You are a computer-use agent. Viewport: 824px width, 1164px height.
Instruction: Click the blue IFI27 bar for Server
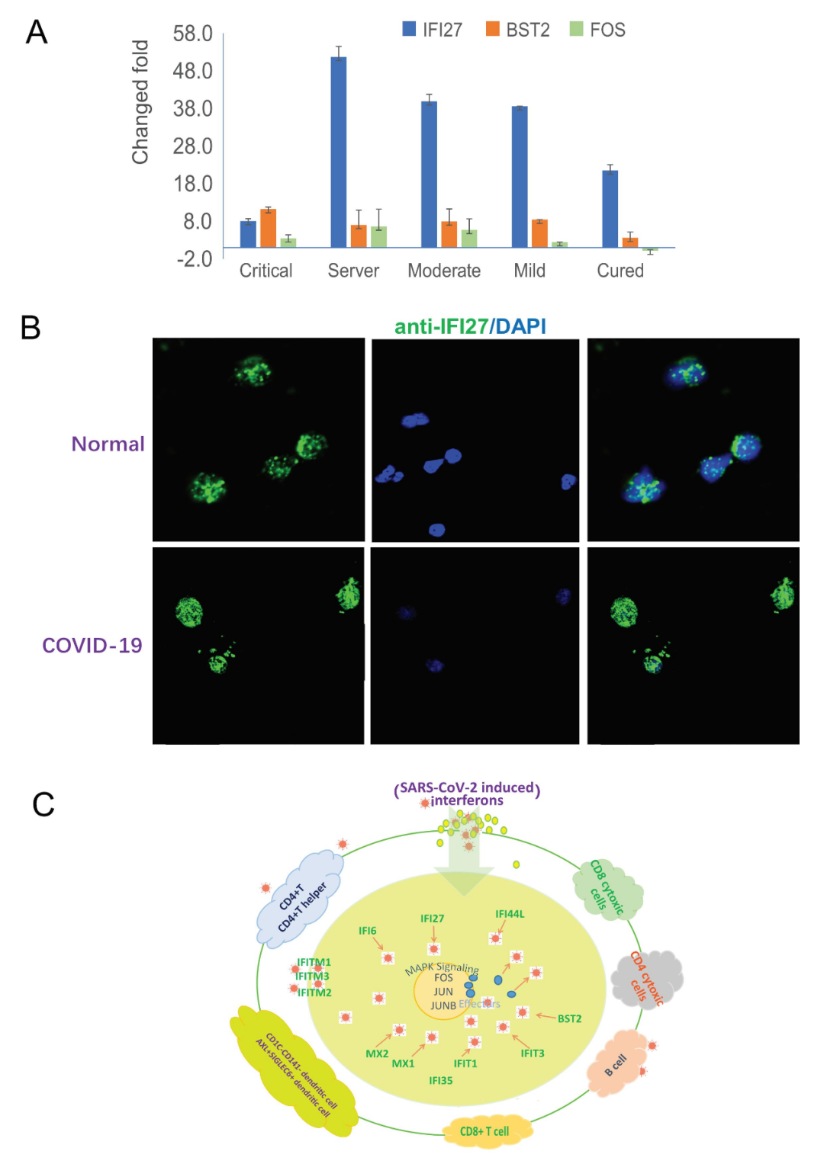pos(338,152)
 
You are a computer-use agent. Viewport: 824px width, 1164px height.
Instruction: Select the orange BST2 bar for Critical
pos(268,228)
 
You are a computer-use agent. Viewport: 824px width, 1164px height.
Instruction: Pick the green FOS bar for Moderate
pos(469,238)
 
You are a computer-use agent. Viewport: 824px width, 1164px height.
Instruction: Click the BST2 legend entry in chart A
pos(518,30)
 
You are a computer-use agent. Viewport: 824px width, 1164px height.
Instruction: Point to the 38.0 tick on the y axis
pos(192,108)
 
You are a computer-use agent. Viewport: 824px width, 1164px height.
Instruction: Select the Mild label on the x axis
pos(529,271)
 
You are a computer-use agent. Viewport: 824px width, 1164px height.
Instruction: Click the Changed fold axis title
pos(140,101)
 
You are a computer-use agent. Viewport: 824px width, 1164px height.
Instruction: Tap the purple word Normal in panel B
pos(108,444)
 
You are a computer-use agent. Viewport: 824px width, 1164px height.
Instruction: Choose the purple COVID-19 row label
pos(92,646)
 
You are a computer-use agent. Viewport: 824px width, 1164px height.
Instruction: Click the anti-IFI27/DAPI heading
pos(470,326)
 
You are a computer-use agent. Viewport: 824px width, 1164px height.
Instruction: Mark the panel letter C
pos(43,804)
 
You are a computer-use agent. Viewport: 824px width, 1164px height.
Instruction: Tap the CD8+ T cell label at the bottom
pos(484,1131)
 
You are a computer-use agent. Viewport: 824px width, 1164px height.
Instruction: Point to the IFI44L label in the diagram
pos(510,914)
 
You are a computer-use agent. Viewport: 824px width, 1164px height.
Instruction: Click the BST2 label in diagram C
pos(569,1018)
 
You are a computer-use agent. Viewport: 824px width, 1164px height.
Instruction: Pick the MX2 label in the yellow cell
pos(377,1053)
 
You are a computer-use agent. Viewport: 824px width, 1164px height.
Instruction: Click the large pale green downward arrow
pos(464,861)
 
